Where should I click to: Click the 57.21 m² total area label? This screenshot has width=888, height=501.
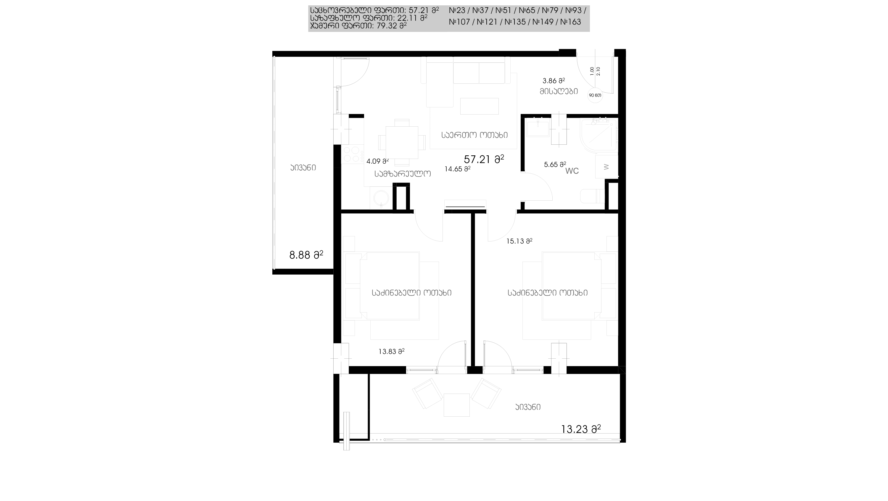(x=484, y=159)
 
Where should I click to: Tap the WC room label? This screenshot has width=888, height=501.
(x=572, y=171)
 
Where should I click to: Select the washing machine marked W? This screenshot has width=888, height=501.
(x=607, y=167)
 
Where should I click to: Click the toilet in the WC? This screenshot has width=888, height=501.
(x=592, y=196)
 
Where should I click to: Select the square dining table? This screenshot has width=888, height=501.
(x=402, y=142)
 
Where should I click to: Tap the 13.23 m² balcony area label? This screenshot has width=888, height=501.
(x=581, y=429)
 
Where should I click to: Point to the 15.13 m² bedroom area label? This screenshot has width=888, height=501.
(x=519, y=241)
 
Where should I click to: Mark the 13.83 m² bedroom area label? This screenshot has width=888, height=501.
(x=391, y=352)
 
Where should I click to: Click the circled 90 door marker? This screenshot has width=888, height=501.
(x=595, y=95)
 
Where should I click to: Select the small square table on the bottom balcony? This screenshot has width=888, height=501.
(x=456, y=405)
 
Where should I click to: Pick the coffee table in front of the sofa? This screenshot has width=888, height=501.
(x=479, y=106)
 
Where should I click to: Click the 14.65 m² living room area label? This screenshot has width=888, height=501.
(x=457, y=169)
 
